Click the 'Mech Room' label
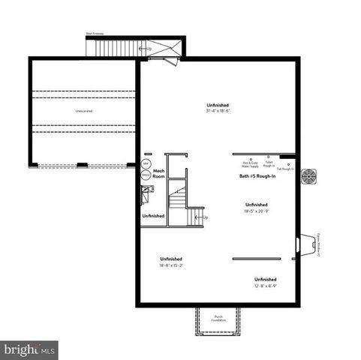(x=158, y=174)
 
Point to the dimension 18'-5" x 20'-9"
(x=256, y=211)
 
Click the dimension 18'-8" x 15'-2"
(x=171, y=265)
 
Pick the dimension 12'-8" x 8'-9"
(x=266, y=286)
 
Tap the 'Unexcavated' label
(x=84, y=110)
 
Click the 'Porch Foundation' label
(x=218, y=318)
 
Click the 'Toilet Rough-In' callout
(x=269, y=163)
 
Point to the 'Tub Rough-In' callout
(x=285, y=169)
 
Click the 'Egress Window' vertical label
(x=317, y=244)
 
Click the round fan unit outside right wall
(x=308, y=177)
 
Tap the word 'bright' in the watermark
(x=20, y=349)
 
